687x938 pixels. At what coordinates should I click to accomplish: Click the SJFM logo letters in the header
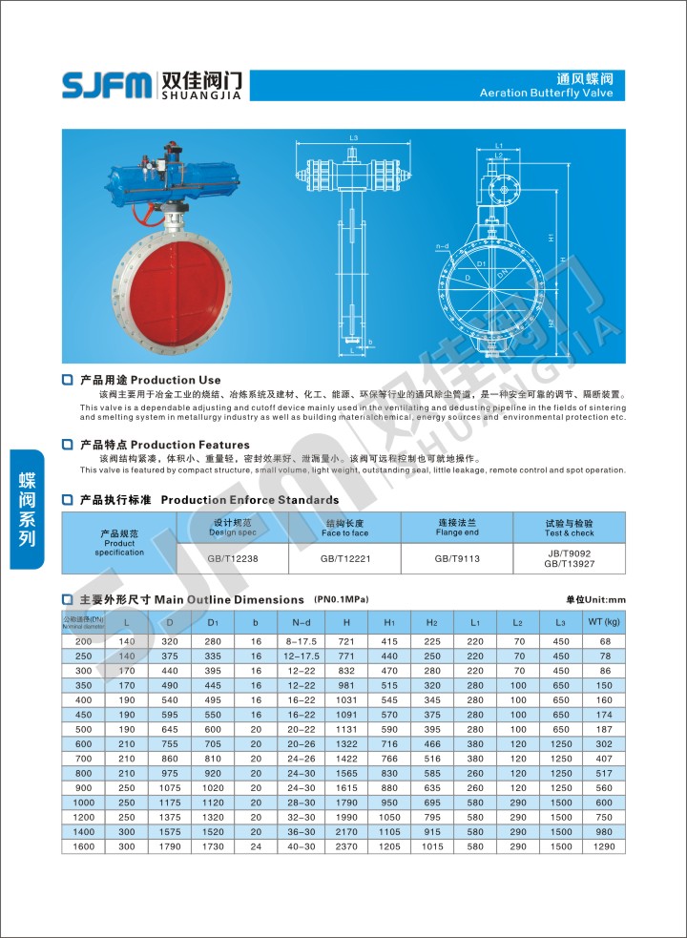pos(105,85)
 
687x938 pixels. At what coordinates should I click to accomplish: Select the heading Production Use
pos(150,380)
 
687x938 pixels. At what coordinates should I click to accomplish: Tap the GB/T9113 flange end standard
pos(458,557)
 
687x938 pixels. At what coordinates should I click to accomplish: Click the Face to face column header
pos(345,528)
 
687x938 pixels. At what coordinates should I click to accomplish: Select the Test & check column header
pos(569,528)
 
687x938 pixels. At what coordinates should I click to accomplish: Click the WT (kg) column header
pos(603,622)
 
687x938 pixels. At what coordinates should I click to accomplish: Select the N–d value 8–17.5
pos(301,641)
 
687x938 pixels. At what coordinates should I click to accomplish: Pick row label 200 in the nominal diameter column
pos(84,641)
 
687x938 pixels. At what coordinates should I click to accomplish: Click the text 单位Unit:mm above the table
pos(595,599)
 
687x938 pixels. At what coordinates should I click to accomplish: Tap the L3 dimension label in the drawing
pos(353,138)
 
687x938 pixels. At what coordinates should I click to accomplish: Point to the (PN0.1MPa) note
pos(341,598)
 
